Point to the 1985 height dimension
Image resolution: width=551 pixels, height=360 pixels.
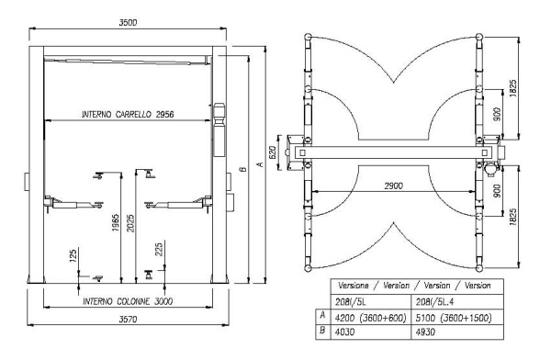point(114,227)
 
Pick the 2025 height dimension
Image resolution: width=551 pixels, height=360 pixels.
point(131,225)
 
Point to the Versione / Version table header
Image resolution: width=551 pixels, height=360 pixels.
point(416,285)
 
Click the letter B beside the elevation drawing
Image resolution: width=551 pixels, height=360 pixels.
point(242,170)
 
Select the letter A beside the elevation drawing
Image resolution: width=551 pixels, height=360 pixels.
point(260,165)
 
